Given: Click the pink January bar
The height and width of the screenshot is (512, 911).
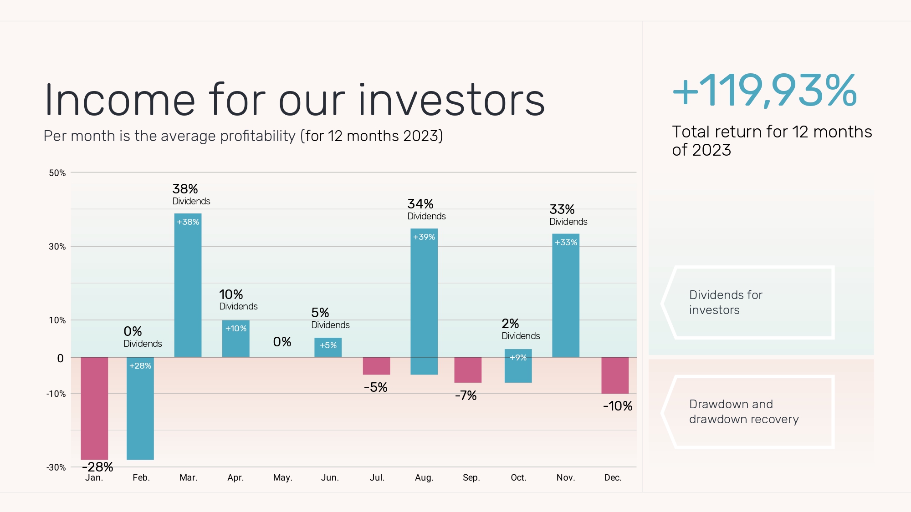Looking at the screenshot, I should point(94,408).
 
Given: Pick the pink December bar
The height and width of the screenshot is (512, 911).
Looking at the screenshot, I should point(615,375).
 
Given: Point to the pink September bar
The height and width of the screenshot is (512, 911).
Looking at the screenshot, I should point(468,370).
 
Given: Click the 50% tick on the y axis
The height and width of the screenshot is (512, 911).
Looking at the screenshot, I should point(57,173).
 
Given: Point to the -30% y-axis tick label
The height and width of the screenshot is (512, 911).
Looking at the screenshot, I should point(56,467).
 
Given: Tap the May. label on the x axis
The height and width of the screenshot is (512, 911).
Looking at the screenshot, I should point(282,477).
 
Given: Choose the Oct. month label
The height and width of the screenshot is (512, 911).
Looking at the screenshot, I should point(518,477).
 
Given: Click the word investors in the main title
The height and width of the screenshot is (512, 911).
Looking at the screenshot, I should point(451,100).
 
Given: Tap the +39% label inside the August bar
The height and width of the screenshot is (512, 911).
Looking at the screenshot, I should point(424,237).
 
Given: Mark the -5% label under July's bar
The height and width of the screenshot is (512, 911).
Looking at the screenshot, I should point(376,387).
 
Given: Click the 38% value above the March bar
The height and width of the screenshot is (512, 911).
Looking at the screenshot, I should point(185,189).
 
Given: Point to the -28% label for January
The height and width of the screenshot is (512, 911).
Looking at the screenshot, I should point(97,467).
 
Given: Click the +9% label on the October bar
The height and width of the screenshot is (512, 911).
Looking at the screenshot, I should point(518,358).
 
